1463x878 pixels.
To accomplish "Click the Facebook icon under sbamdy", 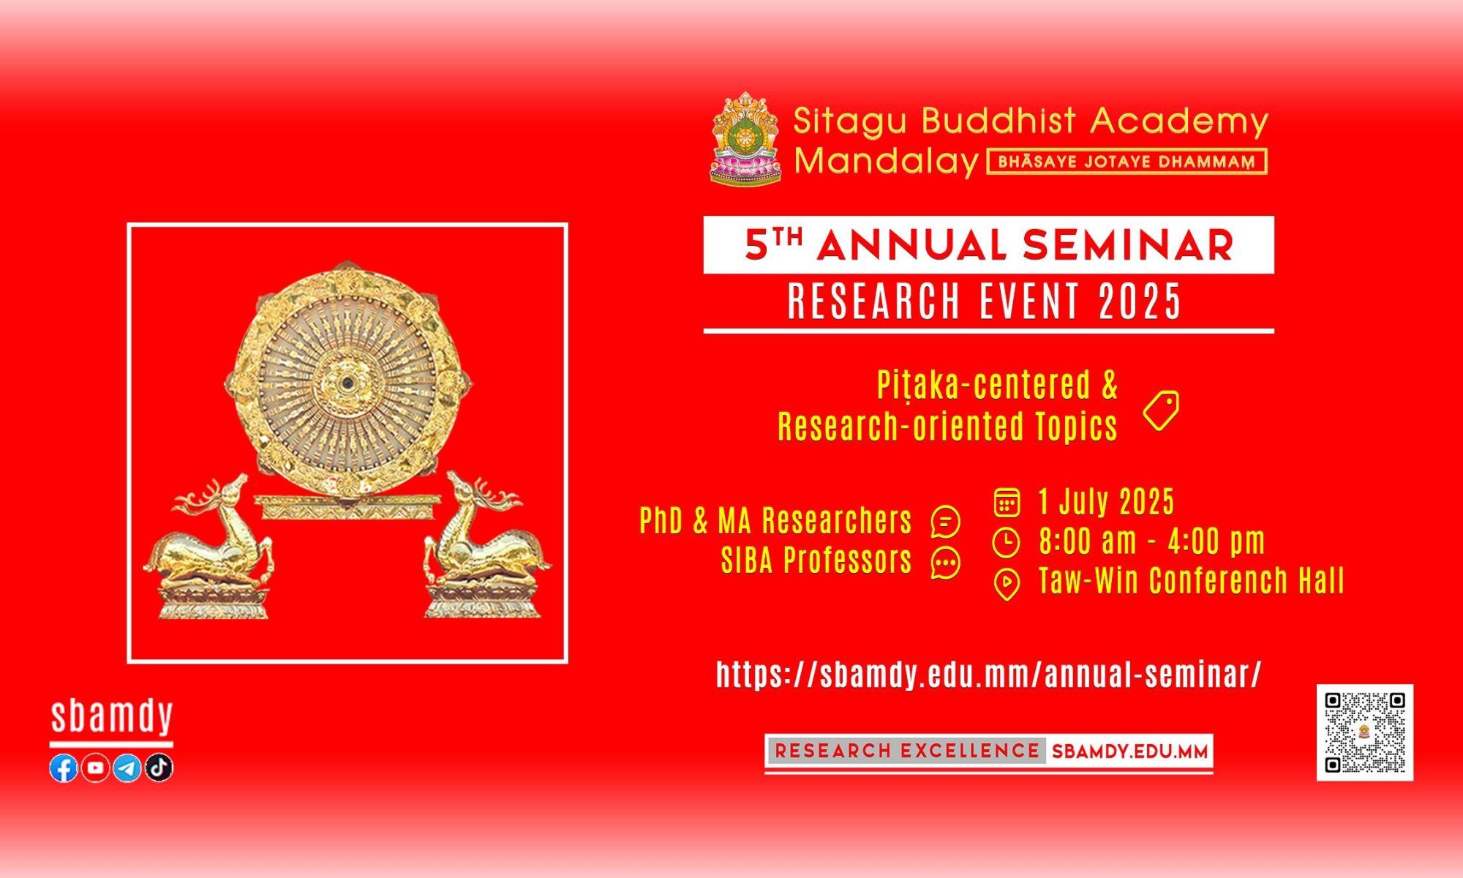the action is coord(64,768).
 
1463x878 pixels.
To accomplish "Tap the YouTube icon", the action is coord(95,768).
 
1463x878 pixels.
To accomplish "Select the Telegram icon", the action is coord(127,768).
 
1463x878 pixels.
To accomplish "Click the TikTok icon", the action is coord(159,768).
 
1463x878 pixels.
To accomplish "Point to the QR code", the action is coord(1365,732).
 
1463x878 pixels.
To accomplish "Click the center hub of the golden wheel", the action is coord(348,381).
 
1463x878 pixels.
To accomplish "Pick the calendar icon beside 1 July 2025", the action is coord(1007,503).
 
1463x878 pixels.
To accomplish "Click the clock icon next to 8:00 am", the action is coord(1007,543).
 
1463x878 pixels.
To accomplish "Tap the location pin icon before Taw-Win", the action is coord(1007,584).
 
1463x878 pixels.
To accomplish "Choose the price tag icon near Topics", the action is coord(1161,410).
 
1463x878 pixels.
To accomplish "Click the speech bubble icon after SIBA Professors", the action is coord(945,563).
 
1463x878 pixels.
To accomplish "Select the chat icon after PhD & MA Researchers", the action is coord(945,522).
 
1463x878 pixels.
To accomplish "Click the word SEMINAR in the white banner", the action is coord(1128,245).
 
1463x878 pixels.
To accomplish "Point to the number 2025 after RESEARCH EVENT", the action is coord(1140,301).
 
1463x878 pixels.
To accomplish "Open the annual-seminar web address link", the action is coord(989,675).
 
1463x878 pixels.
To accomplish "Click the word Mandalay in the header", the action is coord(887,162).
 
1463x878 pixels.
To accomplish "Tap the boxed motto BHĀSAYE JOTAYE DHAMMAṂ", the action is coord(1127,162).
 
